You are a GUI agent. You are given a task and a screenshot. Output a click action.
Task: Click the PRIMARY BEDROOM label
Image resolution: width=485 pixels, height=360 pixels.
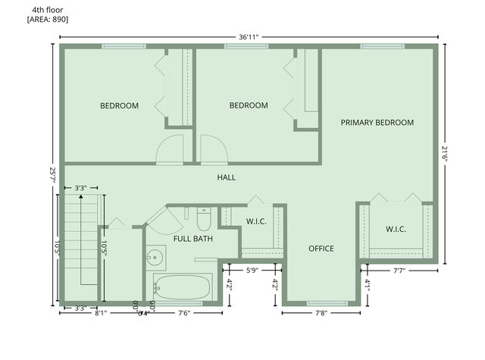click(377, 122)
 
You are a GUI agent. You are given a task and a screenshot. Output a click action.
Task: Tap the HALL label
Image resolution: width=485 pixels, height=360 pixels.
click(227, 177)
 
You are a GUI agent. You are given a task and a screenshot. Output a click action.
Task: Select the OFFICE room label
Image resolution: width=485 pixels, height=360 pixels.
click(321, 249)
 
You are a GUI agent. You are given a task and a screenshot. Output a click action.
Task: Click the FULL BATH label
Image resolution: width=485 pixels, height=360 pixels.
click(192, 239)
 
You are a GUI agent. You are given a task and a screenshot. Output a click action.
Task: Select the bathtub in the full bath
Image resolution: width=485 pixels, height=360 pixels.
click(182, 287)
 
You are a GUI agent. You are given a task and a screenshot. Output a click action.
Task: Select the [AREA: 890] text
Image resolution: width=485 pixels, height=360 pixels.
click(48, 19)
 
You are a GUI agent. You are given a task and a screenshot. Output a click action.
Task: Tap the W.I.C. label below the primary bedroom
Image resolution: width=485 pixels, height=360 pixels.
click(396, 229)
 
